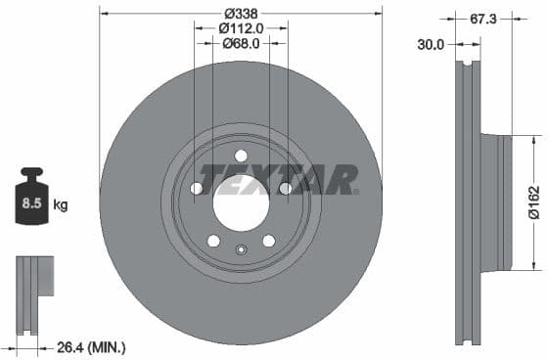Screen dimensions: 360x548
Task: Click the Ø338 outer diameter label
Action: [x=240, y=13]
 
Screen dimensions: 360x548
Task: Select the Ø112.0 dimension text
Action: [x=240, y=28]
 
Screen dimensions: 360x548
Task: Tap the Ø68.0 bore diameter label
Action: [x=240, y=43]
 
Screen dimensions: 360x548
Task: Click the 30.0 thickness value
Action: [x=431, y=44]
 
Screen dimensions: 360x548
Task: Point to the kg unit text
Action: [x=61, y=205]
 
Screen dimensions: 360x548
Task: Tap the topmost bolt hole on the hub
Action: [x=241, y=156]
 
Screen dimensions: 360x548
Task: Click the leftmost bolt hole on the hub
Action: [x=196, y=189]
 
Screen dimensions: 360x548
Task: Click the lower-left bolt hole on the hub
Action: [x=213, y=242]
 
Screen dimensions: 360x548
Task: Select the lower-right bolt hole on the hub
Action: [x=268, y=242]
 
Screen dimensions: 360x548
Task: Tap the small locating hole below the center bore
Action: [x=241, y=249]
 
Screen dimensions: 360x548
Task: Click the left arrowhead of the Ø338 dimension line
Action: [x=105, y=13]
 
